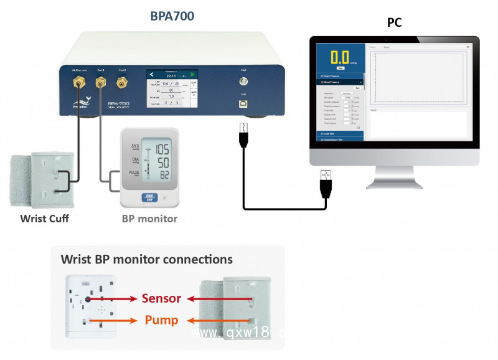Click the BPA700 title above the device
pyautogui.click(x=172, y=16)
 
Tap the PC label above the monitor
pyautogui.click(x=394, y=23)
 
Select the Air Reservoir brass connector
pyautogui.click(x=79, y=81)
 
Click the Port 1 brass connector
pyautogui.click(x=100, y=81)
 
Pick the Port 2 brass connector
pyautogui.click(x=122, y=81)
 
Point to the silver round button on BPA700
pyautogui.click(x=243, y=81)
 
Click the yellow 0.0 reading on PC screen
pyautogui.click(x=340, y=57)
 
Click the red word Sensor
pyautogui.click(x=161, y=298)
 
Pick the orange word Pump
pyautogui.click(x=161, y=320)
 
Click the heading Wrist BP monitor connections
pyautogui.click(x=146, y=259)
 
